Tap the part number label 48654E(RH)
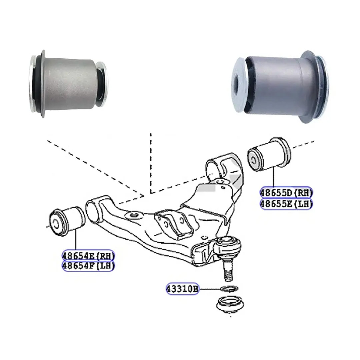click(88, 256)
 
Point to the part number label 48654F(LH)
click(88, 266)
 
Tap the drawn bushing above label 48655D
click(269, 154)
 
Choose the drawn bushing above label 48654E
click(68, 221)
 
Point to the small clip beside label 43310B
click(228, 289)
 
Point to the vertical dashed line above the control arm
click(151, 161)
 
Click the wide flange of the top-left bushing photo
click(42, 83)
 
